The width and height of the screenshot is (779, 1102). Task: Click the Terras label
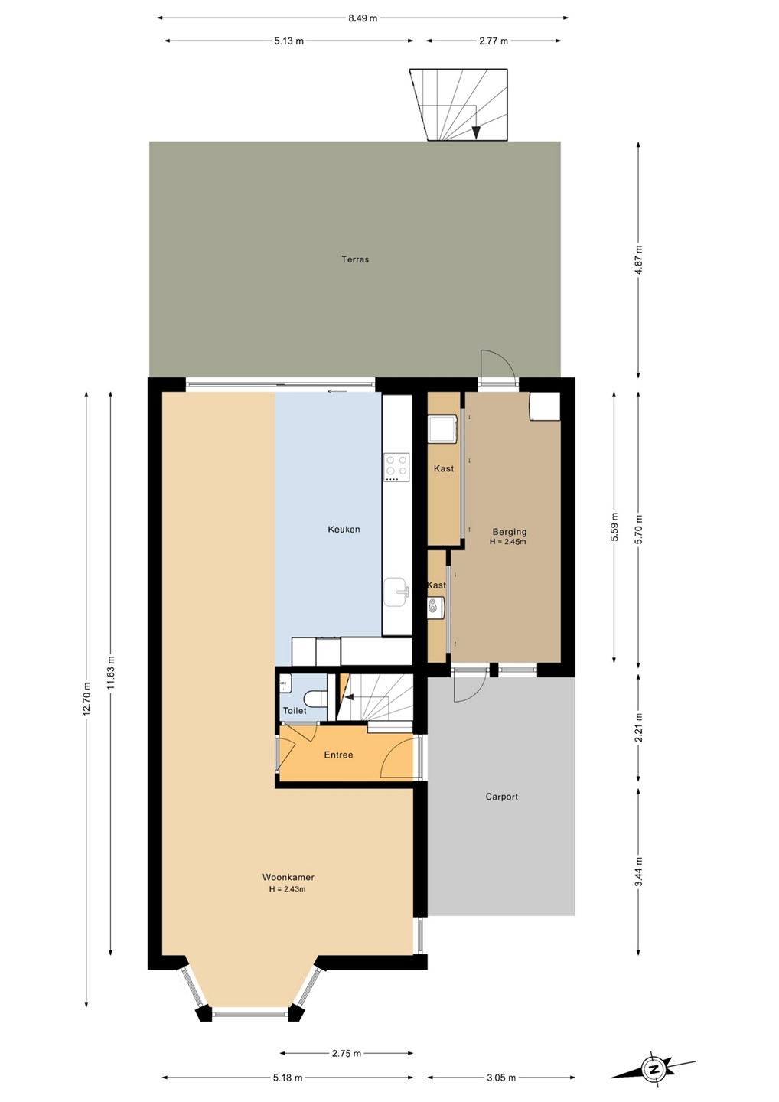pos(355,259)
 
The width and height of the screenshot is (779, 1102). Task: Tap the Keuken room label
pos(344,530)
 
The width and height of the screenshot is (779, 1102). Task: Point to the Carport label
pos(502,797)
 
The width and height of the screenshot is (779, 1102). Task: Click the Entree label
pos(338,755)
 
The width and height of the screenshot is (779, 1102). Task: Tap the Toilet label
pos(295,710)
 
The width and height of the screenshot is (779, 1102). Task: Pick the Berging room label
pos(510,532)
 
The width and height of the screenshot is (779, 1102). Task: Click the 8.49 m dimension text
pos(363,18)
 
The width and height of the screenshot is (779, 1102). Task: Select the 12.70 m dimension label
pos(87,699)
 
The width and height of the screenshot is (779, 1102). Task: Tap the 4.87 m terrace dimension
pos(639,259)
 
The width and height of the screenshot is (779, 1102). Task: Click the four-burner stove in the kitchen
pos(396,467)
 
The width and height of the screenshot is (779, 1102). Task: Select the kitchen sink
pos(396,592)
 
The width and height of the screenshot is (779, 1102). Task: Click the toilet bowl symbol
pos(313,698)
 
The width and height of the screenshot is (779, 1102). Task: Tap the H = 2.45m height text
pos(508,542)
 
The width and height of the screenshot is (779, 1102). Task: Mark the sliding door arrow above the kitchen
pos(337,392)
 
